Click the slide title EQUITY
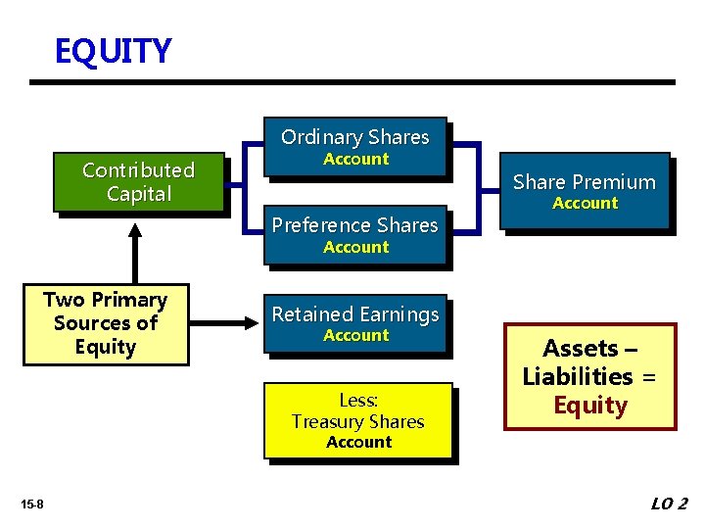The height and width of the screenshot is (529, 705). click(113, 51)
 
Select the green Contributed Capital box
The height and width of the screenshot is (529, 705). click(138, 182)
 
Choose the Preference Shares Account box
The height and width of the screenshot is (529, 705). click(354, 235)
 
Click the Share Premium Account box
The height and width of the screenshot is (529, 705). click(584, 191)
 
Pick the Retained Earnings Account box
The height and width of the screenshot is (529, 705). click(354, 323)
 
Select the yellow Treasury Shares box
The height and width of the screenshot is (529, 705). click(357, 420)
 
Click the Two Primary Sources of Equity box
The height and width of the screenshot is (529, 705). click(105, 323)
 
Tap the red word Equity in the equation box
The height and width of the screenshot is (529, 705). click(589, 406)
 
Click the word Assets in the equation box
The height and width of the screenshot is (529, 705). click(581, 349)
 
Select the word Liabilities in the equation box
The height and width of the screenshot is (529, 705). click(578, 377)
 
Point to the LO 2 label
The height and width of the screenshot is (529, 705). click(669, 504)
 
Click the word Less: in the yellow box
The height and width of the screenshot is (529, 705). click(358, 400)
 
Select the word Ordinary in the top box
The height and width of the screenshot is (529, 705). click(317, 137)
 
